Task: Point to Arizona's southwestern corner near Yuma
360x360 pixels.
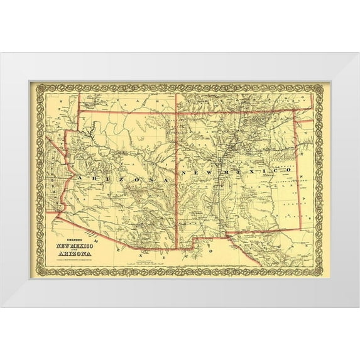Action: [55, 216]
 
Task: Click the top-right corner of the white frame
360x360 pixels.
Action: [359, 53]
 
